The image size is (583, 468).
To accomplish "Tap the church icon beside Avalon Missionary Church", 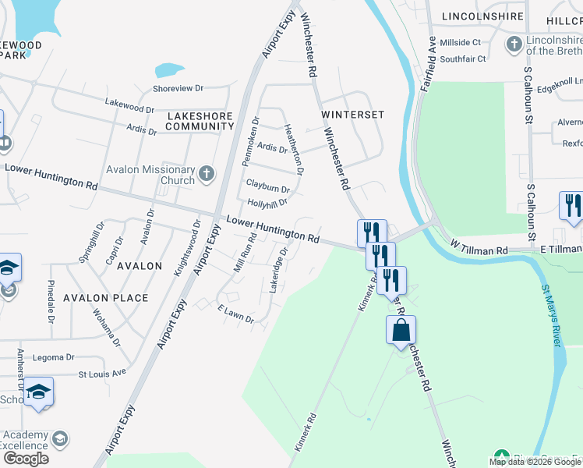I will pyautogui.click(x=206, y=172).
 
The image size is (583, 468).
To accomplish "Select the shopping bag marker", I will pyautogui.click(x=401, y=330).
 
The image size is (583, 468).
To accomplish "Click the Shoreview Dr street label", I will pyautogui.click(x=178, y=89).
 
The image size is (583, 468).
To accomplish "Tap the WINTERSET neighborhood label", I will pyautogui.click(x=353, y=114).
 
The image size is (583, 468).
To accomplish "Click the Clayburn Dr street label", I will pyautogui.click(x=267, y=188).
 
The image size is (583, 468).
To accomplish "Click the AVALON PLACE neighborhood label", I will pyautogui.click(x=106, y=298).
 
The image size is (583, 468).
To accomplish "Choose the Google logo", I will pyautogui.click(x=26, y=459).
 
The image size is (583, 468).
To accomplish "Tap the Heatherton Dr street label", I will pyautogui.click(x=293, y=148).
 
